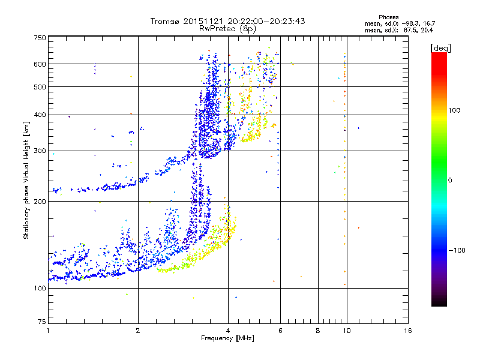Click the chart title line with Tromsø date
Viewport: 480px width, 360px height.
pos(227,21)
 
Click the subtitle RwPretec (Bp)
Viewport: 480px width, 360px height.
pos(227,28)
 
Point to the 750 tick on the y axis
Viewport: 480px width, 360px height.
pos(40,37)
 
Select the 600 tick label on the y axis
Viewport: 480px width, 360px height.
pos(40,64)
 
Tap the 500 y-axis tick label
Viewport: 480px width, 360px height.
pos(40,86)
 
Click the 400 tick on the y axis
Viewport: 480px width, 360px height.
pos(40,115)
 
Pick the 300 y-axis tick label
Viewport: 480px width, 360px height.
pos(40,151)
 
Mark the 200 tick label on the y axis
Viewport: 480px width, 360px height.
pos(40,201)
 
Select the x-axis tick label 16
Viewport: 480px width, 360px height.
pos(407,331)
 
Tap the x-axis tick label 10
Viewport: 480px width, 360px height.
pos(346,331)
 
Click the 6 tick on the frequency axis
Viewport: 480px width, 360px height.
pos(280,331)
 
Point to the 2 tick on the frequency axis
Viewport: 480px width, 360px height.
pos(138,331)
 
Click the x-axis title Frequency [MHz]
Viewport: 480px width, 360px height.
pos(227,338)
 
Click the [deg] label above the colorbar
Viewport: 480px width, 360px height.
pos(441,47)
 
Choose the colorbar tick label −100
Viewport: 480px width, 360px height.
pos(457,250)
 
